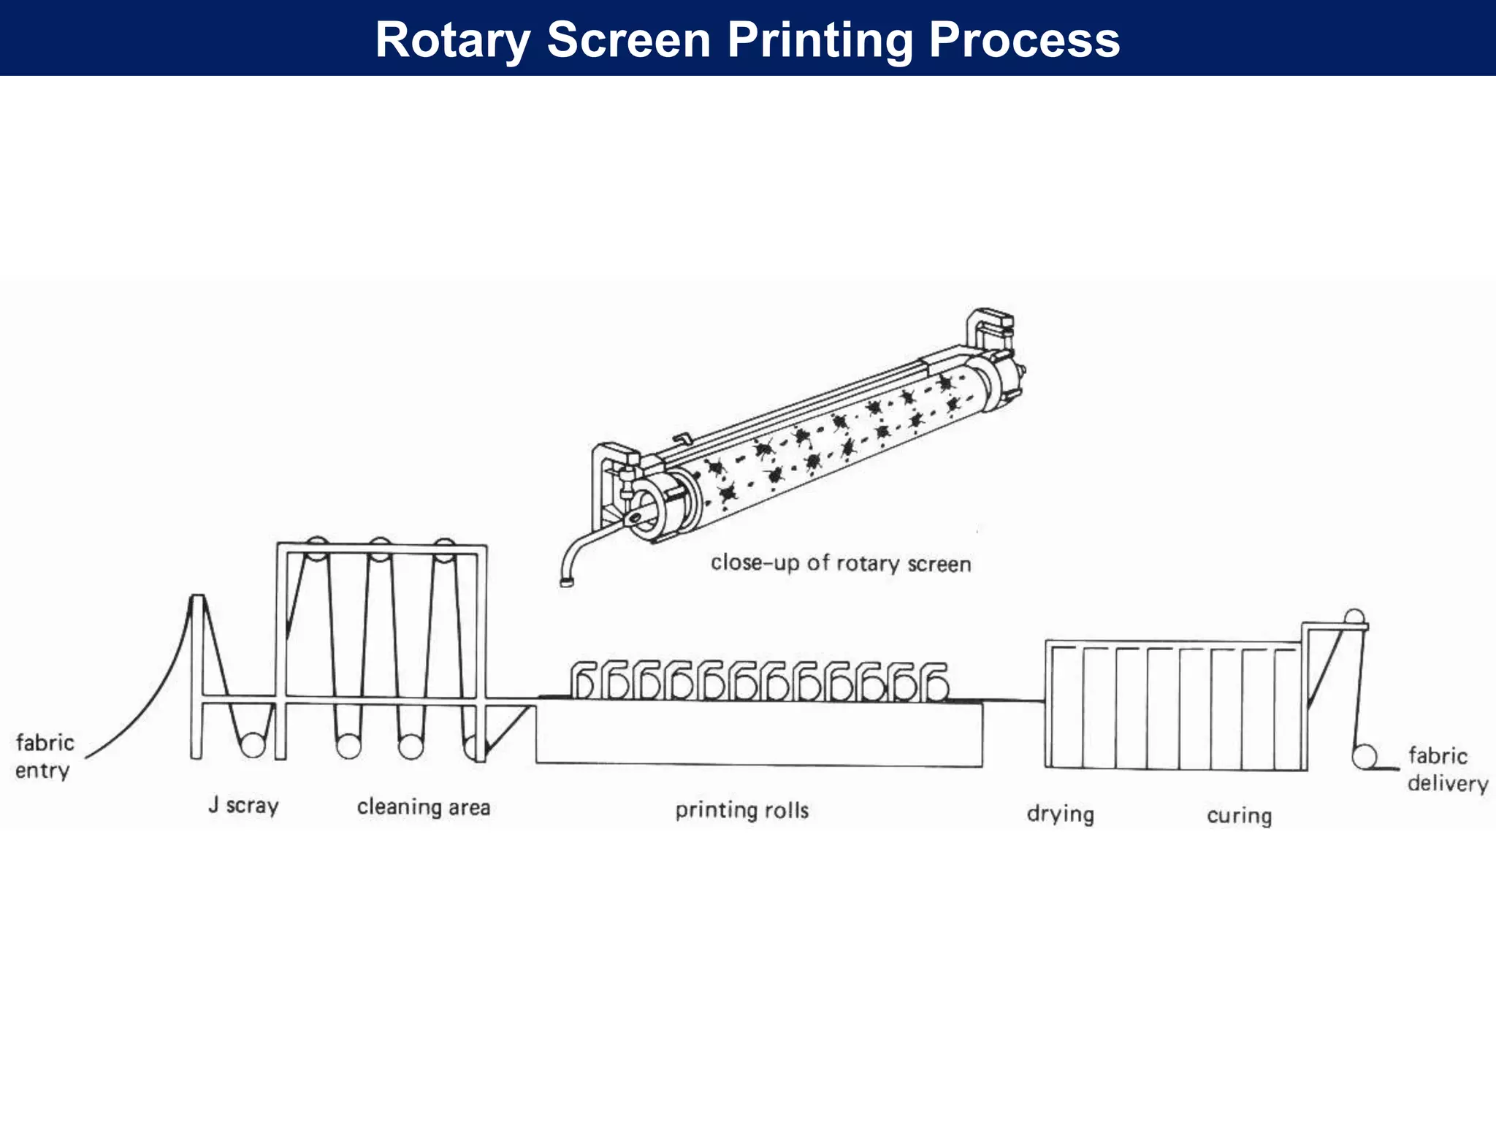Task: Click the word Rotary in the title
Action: [x=452, y=39]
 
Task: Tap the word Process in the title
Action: [x=1024, y=39]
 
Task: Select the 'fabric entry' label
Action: [x=45, y=756]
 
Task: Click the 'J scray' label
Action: [x=243, y=805]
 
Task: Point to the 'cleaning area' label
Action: [x=423, y=806]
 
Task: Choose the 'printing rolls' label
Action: [x=741, y=809]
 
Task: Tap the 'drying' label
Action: [x=1060, y=813]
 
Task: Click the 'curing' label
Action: [x=1239, y=814]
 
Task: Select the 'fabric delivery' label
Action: [x=1447, y=768]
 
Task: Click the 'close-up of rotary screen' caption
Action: [x=841, y=563]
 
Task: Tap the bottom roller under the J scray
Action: [x=253, y=745]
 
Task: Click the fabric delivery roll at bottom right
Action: [x=1364, y=757]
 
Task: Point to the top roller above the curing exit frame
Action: [x=1354, y=617]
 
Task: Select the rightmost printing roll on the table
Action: [x=936, y=686]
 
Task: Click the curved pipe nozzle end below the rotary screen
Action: [x=566, y=581]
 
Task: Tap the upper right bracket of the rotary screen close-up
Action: [x=991, y=327]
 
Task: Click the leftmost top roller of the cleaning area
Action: [x=316, y=548]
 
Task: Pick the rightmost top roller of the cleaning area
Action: [x=444, y=549]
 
